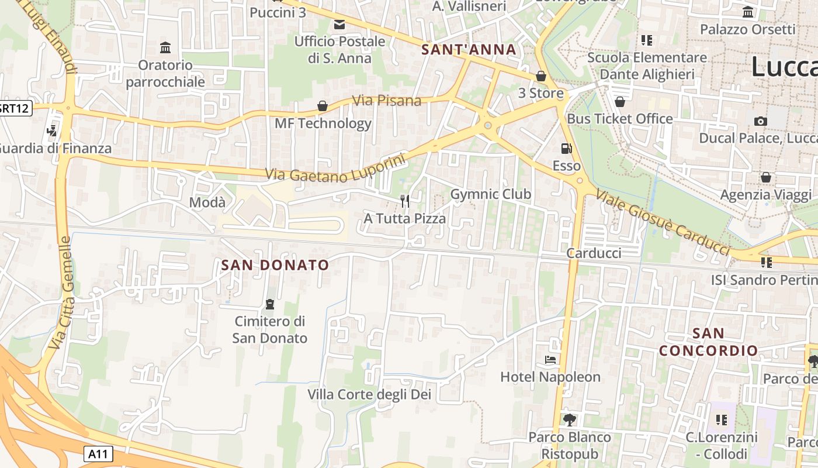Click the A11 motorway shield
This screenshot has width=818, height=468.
click(98, 453)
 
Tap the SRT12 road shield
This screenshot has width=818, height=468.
click(14, 108)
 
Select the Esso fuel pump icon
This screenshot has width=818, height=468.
click(566, 149)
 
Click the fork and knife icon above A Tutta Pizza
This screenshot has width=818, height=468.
click(405, 201)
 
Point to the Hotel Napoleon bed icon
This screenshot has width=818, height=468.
click(550, 359)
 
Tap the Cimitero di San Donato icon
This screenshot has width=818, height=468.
click(270, 304)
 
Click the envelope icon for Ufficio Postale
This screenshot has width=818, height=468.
click(339, 25)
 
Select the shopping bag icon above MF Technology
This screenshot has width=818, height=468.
click(322, 106)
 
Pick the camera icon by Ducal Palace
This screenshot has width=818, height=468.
click(760, 121)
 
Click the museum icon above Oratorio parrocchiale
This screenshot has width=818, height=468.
click(165, 47)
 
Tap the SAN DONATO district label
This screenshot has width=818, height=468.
click(275, 265)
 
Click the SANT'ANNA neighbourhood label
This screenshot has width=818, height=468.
click(469, 50)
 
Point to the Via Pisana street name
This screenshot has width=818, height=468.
click(387, 101)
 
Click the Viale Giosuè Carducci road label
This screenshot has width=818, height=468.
click(663, 223)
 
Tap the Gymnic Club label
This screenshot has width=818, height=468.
click(491, 194)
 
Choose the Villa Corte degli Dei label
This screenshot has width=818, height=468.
click(369, 394)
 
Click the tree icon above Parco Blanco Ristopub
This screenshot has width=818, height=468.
click(570, 419)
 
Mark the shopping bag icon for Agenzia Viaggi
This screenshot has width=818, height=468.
click(766, 177)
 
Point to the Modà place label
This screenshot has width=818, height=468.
click(207, 202)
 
